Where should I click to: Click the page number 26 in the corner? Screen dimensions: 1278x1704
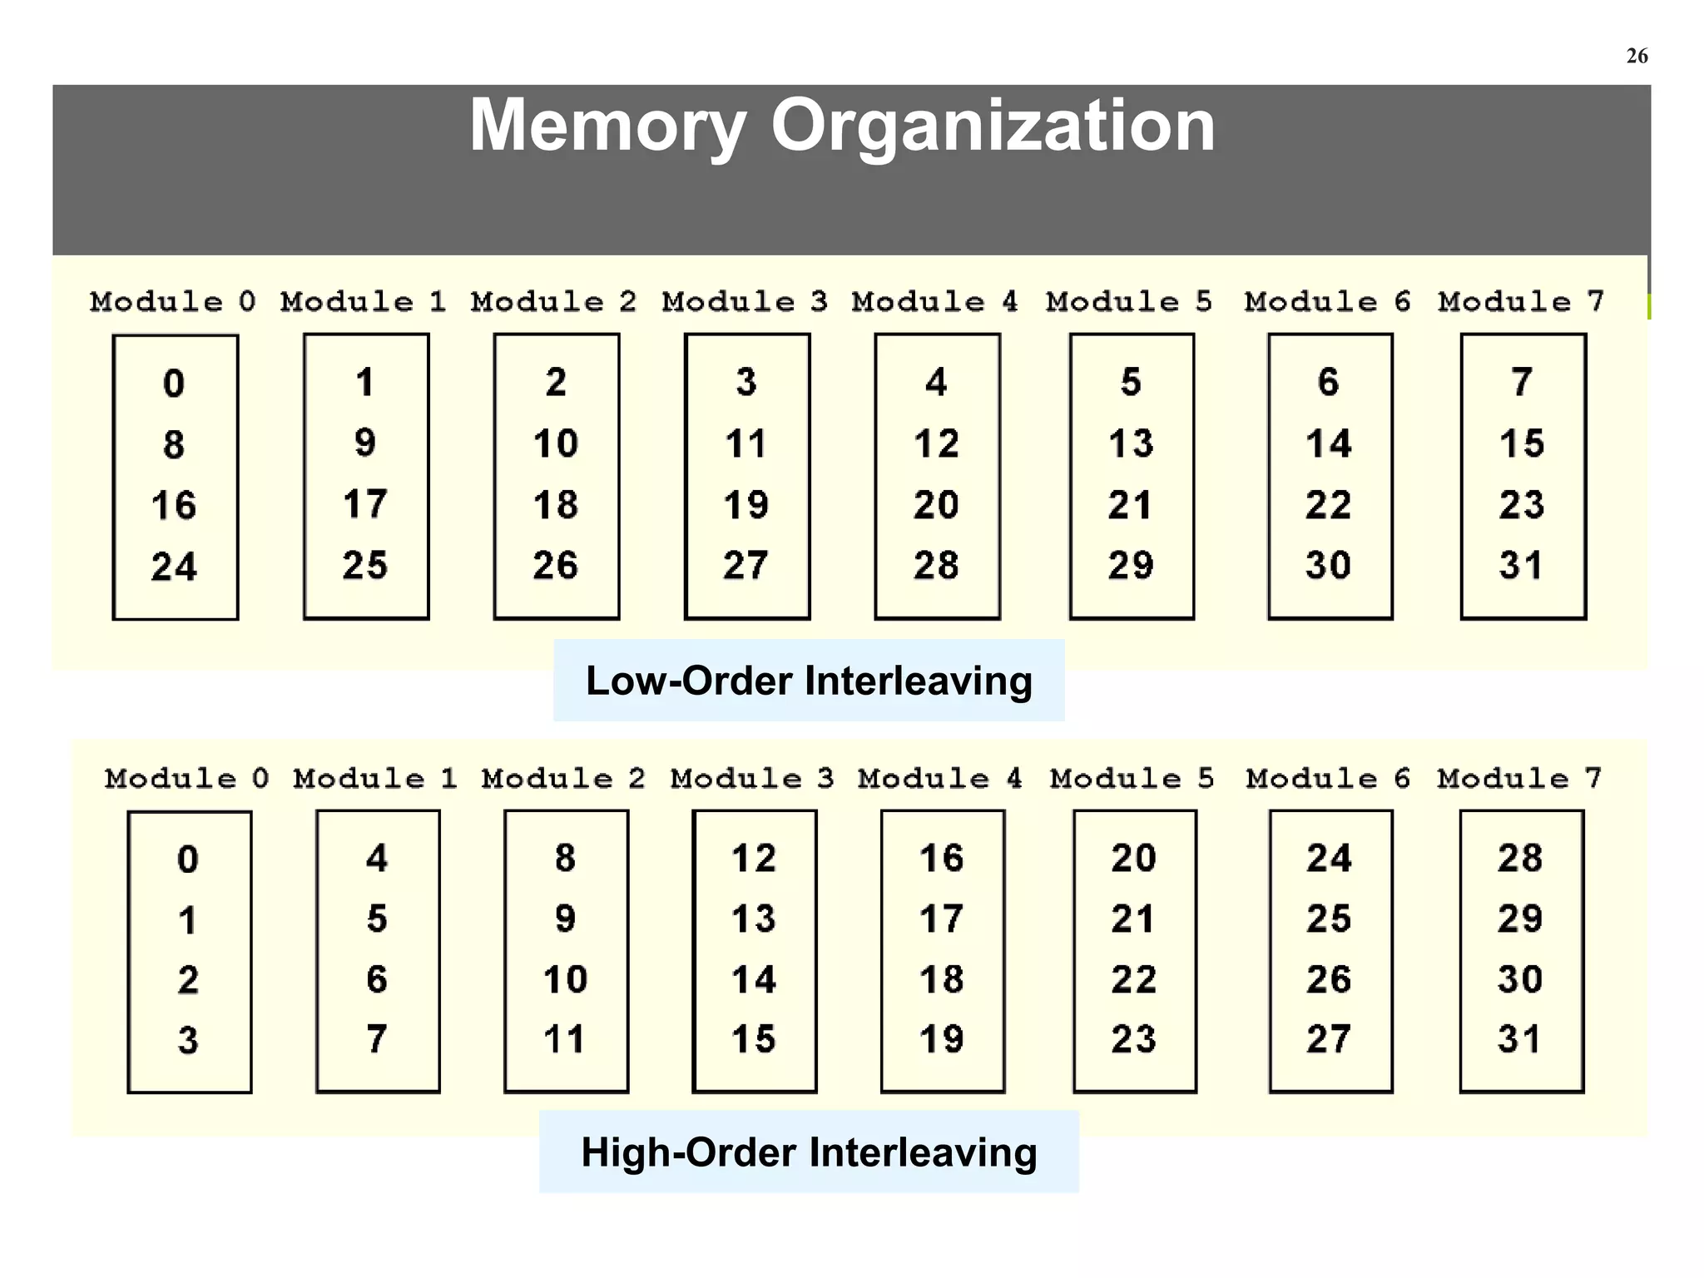(x=1637, y=56)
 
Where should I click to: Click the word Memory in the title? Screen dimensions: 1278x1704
(x=608, y=126)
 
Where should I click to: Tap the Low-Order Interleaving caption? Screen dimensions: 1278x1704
(x=809, y=681)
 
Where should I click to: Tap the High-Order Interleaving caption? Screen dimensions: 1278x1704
(x=809, y=1152)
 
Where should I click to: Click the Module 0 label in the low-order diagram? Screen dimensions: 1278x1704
(x=173, y=301)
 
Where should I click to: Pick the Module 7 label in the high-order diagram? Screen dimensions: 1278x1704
(x=1519, y=778)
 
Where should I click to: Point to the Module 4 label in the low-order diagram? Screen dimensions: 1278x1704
(x=935, y=301)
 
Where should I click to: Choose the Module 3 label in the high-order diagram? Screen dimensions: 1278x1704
(x=752, y=778)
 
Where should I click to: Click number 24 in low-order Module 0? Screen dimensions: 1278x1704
(x=174, y=567)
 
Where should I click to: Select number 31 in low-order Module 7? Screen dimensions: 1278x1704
(x=1522, y=565)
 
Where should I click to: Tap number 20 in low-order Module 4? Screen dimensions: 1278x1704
(x=936, y=505)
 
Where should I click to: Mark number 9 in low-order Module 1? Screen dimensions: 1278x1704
(x=365, y=443)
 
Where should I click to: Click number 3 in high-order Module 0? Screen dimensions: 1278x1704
(x=188, y=1040)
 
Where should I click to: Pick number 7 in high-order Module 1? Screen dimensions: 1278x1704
(x=377, y=1039)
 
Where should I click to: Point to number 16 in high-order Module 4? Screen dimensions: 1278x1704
(x=942, y=858)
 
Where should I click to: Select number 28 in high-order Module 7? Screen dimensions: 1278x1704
(x=1520, y=858)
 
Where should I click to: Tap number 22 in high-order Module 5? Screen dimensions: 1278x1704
(x=1133, y=979)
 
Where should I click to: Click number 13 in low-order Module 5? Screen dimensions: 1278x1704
(x=1131, y=443)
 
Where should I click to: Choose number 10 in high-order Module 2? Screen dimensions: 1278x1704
(x=566, y=979)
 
